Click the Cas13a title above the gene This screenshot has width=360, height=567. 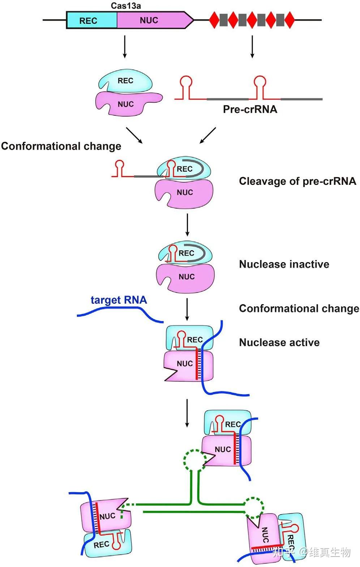(125, 5)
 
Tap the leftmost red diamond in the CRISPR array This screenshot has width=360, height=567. (214, 20)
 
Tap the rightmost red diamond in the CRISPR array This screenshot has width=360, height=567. (289, 20)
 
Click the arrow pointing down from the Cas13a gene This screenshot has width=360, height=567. (125, 46)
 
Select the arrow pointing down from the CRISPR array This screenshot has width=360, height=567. (252, 46)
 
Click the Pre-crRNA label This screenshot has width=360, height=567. (250, 109)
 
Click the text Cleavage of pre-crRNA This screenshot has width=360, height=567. (297, 181)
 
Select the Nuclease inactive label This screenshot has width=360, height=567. (284, 264)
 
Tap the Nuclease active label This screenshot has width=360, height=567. (279, 342)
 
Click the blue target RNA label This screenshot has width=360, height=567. (119, 300)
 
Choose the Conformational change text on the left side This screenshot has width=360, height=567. (61, 146)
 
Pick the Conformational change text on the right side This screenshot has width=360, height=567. (299, 308)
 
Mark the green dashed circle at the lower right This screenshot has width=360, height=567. (253, 507)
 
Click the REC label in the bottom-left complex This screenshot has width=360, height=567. (101, 545)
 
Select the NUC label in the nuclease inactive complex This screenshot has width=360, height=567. (187, 277)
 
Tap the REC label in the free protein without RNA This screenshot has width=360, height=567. (125, 81)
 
